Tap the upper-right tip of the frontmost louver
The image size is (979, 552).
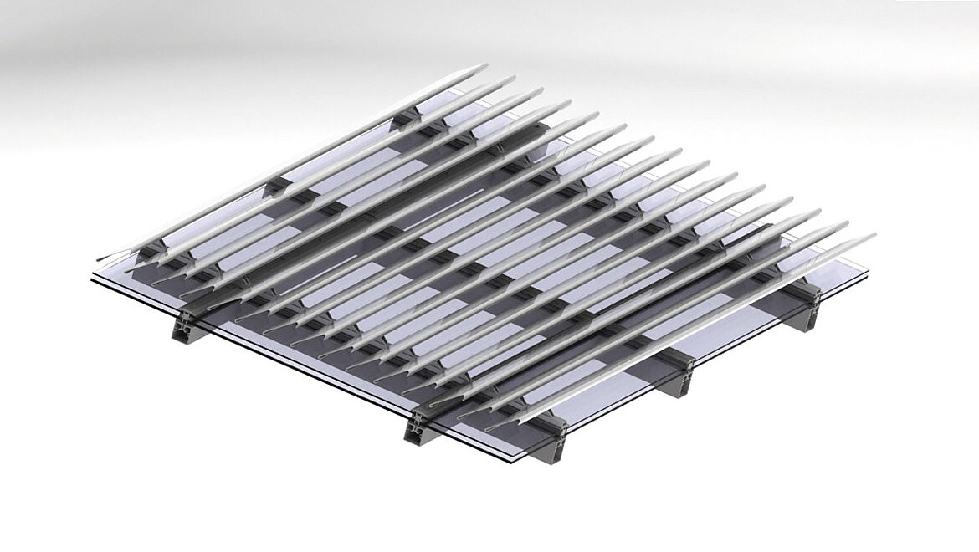pos(874,236)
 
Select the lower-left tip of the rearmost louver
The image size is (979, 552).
pos(99,258)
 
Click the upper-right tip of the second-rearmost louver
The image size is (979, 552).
pos(513,78)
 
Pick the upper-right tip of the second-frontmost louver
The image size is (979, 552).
pos(846,224)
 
